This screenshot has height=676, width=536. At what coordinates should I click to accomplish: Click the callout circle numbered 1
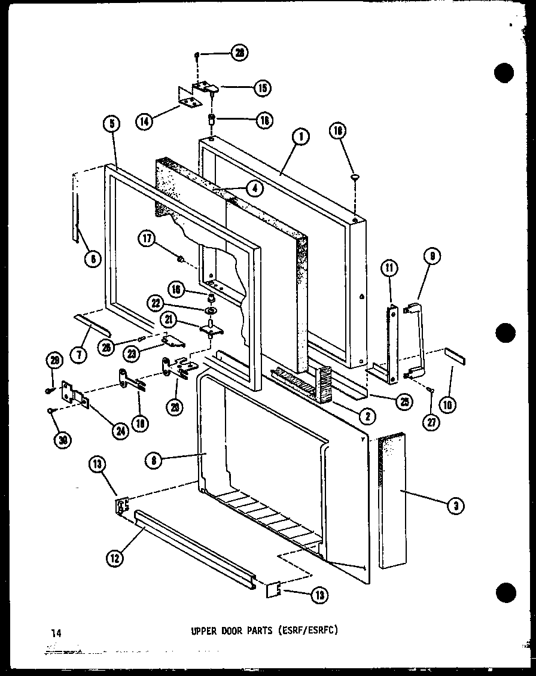coord(301,137)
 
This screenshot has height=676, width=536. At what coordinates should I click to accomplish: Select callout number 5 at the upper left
coord(111,124)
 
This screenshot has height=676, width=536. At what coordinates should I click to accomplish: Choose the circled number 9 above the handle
coord(433,257)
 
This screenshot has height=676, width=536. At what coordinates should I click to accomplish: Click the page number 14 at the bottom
coord(56,632)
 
